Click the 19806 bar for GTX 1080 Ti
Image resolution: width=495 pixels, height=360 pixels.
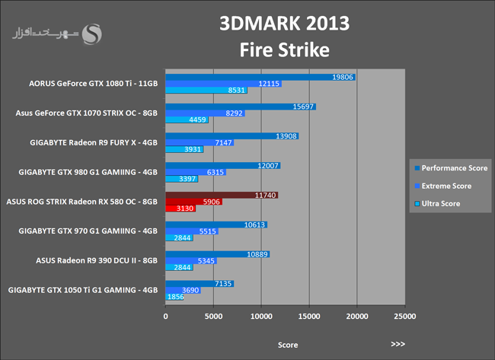coord(259,77)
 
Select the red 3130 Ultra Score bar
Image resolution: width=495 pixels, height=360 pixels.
coord(180,208)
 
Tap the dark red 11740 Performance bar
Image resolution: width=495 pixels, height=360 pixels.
coord(221,196)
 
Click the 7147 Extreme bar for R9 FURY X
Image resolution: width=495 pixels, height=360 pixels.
coord(200,142)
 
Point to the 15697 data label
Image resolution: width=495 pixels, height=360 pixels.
coord(303,107)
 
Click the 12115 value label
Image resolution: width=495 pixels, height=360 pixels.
coord(270,84)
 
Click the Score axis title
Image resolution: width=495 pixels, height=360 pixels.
coord(287,344)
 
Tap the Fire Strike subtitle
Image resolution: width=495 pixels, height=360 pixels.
coord(284,50)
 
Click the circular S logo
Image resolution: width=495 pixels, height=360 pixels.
coord(94,34)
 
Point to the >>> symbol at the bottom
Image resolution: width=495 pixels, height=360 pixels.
coord(398,344)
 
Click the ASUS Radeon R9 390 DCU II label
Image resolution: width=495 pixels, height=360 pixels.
coord(97,260)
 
